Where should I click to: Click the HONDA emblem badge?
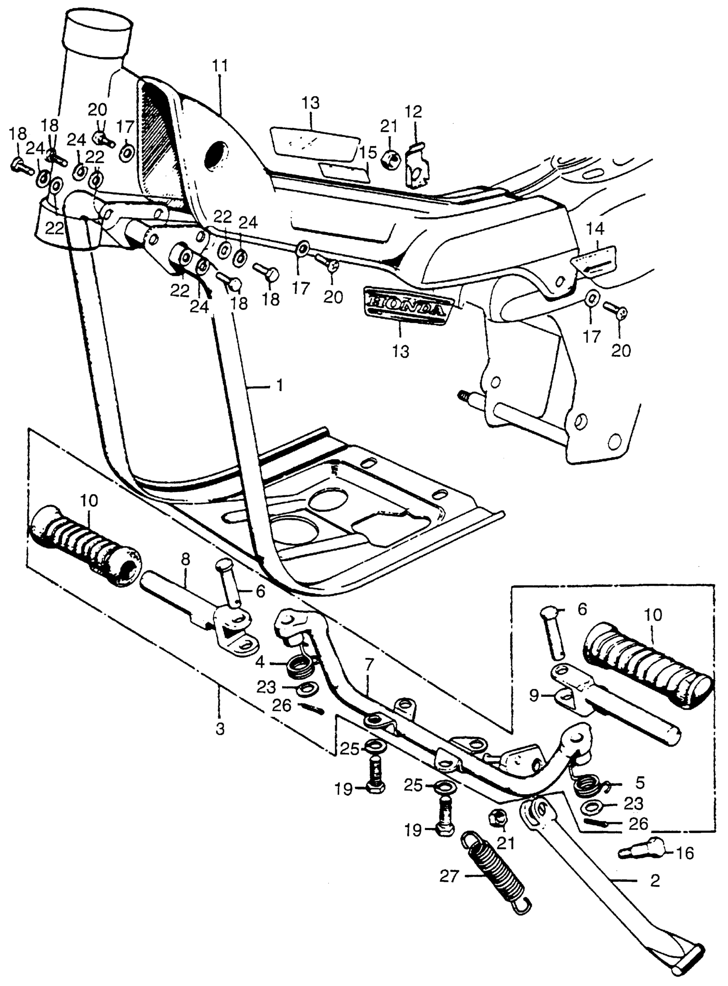tap(407, 304)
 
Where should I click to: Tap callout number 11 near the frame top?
tap(221, 66)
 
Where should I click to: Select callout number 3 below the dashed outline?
tap(219, 729)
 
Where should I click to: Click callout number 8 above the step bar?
tap(185, 560)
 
